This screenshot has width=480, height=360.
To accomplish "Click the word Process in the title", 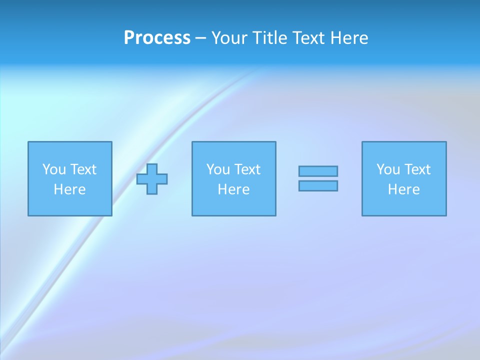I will point(157,38).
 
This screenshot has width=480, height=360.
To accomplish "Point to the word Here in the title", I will point(349,38).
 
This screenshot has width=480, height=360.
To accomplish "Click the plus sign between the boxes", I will point(152,179).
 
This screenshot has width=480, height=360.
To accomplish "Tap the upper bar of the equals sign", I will point(318,171).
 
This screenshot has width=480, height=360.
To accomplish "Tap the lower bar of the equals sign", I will point(318,185).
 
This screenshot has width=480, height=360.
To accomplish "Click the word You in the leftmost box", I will point(54,169).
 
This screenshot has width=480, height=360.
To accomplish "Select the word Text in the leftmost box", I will point(82,169).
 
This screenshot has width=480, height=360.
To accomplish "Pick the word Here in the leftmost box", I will point(69,189).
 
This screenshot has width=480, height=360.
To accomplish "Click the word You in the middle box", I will point(218,169).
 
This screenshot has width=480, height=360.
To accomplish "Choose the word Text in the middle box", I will point(246,169).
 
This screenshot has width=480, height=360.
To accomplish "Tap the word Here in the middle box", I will point(233,189).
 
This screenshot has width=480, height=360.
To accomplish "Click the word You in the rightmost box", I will point(388,169).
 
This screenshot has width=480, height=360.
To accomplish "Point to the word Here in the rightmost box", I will point(403,189).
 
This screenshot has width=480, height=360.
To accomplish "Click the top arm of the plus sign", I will point(152,168).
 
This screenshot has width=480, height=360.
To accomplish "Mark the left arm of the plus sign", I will point(141,179).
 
